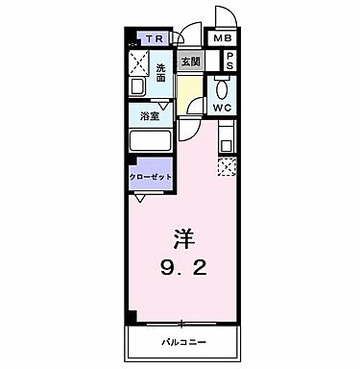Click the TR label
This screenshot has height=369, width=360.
pos(154,39)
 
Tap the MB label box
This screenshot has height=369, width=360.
pos(223,38)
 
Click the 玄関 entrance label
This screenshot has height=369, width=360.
pos(190,62)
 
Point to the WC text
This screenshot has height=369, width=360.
pos(223,108)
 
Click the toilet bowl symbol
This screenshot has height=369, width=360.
pos(222,86)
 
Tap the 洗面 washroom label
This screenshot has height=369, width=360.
pos(161,73)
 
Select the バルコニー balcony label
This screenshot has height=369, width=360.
pos(180,343)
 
